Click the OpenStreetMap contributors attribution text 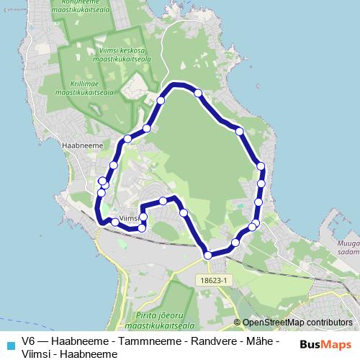[x=297, y=323]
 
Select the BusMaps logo [x=325, y=344]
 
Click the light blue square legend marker [x=10, y=345]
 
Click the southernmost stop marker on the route [x=208, y=254]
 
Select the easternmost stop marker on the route [x=261, y=166]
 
